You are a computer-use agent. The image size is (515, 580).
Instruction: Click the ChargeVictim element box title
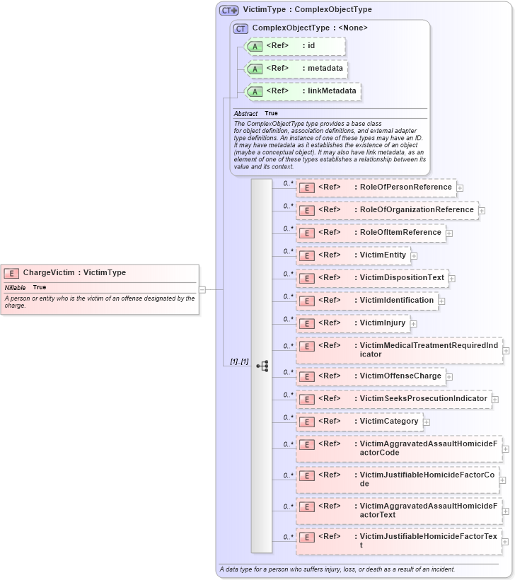74,272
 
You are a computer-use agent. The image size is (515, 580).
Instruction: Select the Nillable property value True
40,288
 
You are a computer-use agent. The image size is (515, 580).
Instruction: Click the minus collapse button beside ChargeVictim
202,289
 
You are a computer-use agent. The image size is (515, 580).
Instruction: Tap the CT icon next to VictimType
228,11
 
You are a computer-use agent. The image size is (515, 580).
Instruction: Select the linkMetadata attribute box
302,91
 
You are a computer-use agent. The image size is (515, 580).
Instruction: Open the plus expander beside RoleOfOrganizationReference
482,211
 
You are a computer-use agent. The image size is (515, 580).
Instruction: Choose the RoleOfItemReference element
371,233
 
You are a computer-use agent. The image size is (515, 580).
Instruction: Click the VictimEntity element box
353,255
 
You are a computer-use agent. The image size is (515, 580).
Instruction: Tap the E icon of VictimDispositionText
307,278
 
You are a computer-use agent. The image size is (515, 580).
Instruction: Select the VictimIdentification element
367,301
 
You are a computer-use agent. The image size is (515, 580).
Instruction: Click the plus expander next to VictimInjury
414,324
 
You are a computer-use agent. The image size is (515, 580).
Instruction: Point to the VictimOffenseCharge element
371,376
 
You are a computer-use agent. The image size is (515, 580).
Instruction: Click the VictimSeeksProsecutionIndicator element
393,399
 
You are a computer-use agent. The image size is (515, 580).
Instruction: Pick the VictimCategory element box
359,422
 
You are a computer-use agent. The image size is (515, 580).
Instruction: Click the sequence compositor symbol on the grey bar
262,366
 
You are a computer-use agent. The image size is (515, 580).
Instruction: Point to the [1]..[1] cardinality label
239,361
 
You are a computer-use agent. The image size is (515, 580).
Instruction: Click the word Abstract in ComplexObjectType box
245,114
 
